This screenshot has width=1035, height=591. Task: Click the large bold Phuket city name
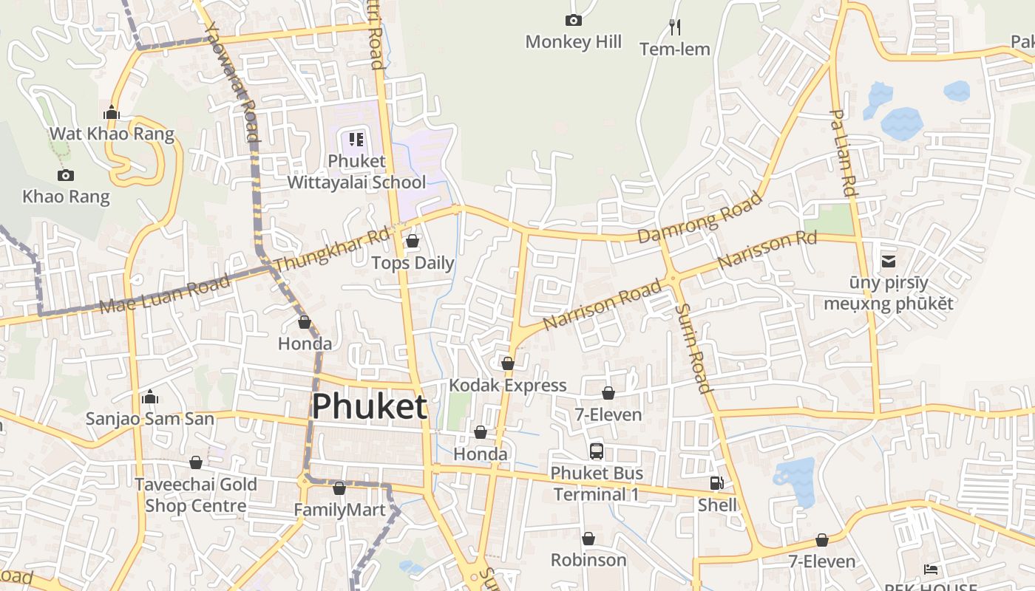(370, 407)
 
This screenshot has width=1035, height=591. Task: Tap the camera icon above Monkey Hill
(573, 21)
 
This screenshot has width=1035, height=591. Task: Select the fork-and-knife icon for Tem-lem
(674, 27)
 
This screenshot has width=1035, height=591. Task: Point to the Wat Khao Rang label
(112, 134)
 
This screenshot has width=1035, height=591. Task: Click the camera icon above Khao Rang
(66, 175)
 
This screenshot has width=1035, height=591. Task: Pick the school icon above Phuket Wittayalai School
(356, 139)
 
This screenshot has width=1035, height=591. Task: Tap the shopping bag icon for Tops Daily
(413, 242)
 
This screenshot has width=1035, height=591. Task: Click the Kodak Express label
(508, 385)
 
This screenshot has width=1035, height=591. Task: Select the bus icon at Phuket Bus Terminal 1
(596, 451)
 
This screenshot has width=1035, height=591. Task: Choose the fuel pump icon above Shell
(716, 483)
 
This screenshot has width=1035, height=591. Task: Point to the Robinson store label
(588, 560)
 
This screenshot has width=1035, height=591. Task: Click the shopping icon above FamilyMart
(339, 488)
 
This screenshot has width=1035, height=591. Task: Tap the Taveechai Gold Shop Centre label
(196, 495)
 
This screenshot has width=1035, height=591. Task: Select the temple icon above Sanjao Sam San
(150, 397)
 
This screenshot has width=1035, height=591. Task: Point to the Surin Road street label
(693, 348)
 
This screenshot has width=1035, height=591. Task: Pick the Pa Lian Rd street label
(843, 153)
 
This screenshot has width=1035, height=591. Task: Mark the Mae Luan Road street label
(164, 294)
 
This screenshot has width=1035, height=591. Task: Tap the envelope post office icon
(888, 261)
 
